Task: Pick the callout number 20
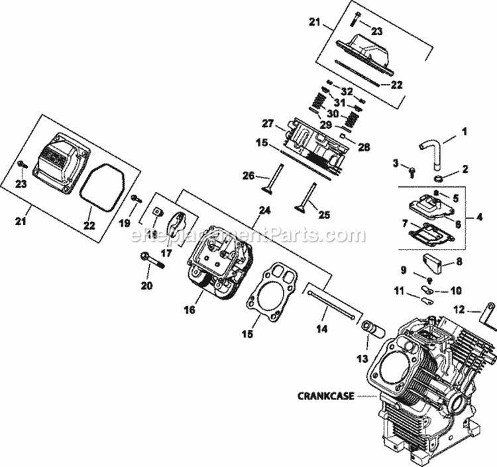coord(146,285)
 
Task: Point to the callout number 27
coord(268,123)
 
